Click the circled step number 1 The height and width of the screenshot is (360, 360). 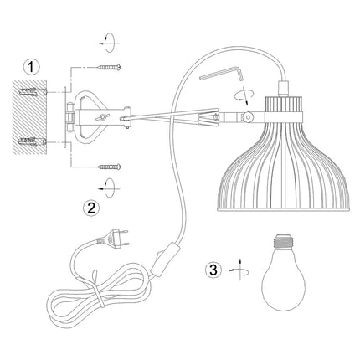pos(31,67)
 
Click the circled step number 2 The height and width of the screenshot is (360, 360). pos(91,208)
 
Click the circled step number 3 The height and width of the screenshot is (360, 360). pos(213,270)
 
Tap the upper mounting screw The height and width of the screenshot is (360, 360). pos(109,67)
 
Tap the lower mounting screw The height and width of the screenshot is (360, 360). pos(109,167)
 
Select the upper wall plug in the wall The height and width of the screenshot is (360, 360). pos(33,91)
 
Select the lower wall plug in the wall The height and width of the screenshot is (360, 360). pos(33,141)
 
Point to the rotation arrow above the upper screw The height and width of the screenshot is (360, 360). pos(109,43)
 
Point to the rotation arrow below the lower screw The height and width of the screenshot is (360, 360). pos(109,188)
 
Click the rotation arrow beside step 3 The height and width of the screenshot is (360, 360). pos(239,270)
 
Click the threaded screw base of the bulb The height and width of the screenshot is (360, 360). pos(284,241)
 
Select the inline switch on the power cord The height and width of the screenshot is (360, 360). pos(166,260)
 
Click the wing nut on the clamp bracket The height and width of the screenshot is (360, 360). pos(102,117)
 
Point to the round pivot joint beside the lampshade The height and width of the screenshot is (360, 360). pos(247,117)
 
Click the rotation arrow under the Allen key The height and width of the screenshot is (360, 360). pos(244,95)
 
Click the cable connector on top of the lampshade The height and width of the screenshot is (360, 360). pos(282,88)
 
